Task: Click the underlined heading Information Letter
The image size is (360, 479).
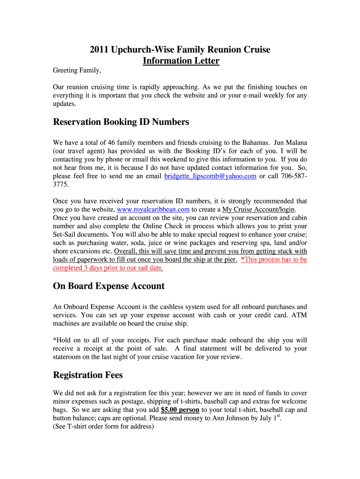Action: (x=181, y=61)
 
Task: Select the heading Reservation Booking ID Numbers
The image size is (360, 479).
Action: (x=121, y=122)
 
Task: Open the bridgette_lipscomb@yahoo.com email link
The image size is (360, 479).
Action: (x=210, y=176)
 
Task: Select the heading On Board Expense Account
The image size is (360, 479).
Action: (x=108, y=286)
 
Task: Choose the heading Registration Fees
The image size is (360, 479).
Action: (x=88, y=375)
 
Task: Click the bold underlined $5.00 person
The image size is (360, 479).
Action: (x=180, y=410)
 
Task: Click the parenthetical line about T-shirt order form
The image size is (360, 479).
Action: (x=103, y=427)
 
